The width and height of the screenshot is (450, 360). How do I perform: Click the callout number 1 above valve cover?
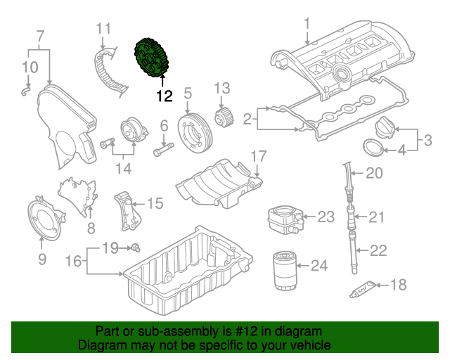tap(307, 26)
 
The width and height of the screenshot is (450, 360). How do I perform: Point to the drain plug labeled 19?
tap(136, 247)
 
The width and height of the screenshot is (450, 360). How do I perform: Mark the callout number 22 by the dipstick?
tap(378, 250)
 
